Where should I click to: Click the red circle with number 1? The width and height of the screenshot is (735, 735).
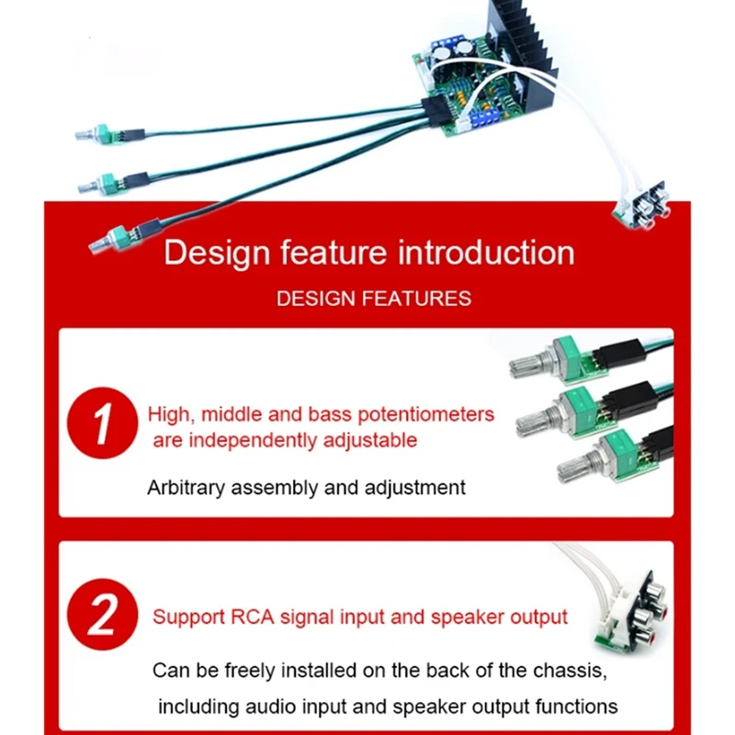[102, 423]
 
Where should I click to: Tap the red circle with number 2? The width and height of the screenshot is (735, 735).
[102, 614]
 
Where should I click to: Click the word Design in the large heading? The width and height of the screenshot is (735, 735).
[217, 254]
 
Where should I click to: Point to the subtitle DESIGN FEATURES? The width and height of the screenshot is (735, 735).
[374, 299]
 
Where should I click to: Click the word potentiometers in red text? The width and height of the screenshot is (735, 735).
[425, 415]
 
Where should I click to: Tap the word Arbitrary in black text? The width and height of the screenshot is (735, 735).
[187, 488]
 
